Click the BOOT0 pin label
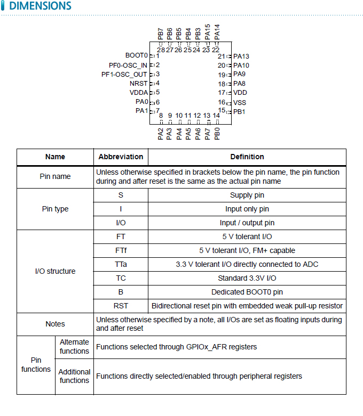click(136, 55)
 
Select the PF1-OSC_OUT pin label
click(124, 74)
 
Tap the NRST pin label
click(138, 83)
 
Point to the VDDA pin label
click(138, 92)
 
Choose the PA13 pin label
click(241, 56)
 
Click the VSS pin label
click(240, 102)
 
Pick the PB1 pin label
click(239, 112)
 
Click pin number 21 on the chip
click(222, 56)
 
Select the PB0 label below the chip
click(217, 134)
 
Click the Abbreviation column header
click(121, 157)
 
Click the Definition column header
click(247, 157)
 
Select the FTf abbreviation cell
click(121, 250)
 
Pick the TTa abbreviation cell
click(121, 264)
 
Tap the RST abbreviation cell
click(121, 306)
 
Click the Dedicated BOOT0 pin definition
click(247, 292)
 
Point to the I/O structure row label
click(55, 271)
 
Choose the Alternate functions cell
click(74, 347)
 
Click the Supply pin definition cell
click(247, 195)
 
